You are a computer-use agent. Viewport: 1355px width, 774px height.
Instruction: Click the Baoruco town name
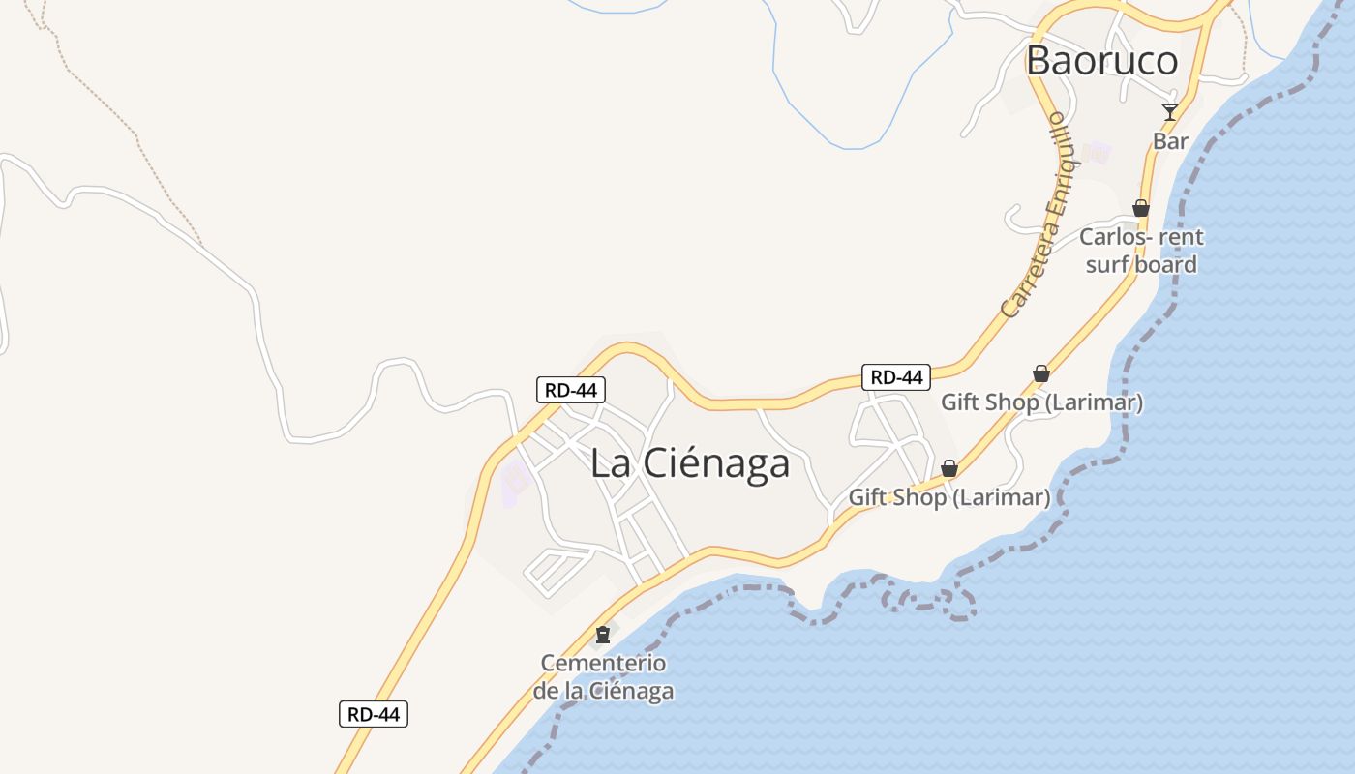tap(1101, 61)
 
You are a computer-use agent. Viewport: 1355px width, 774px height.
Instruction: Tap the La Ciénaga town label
tap(690, 463)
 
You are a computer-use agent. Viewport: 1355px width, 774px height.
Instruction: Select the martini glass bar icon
tap(1170, 112)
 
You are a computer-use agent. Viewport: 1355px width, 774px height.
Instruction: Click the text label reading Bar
tap(1170, 141)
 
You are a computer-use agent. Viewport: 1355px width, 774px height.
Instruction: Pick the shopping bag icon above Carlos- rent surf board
tap(1141, 208)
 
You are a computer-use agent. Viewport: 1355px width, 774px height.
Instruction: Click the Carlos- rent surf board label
tap(1141, 251)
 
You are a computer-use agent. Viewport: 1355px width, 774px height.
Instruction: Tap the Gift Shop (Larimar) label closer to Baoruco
tap(1041, 402)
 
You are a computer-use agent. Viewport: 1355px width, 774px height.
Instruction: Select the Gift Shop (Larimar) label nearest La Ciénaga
tap(948, 497)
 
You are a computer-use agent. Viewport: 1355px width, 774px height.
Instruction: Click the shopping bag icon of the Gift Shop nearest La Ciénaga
tap(949, 468)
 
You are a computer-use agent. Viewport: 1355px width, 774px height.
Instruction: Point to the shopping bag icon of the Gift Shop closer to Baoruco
tap(1041, 373)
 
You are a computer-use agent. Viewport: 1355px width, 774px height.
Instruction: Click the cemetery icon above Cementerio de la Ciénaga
tap(603, 635)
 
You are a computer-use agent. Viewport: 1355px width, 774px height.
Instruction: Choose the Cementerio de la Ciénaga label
tap(603, 677)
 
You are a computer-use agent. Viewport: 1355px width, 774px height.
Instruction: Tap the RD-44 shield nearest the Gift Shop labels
tap(895, 377)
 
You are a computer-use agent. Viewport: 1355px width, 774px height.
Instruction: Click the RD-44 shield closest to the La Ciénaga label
tap(571, 390)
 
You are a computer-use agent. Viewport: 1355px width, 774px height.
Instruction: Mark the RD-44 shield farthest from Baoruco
tap(374, 715)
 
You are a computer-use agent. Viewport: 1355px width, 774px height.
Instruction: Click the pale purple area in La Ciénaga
tap(515, 482)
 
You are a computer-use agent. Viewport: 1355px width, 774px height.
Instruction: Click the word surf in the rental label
tap(1108, 265)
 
